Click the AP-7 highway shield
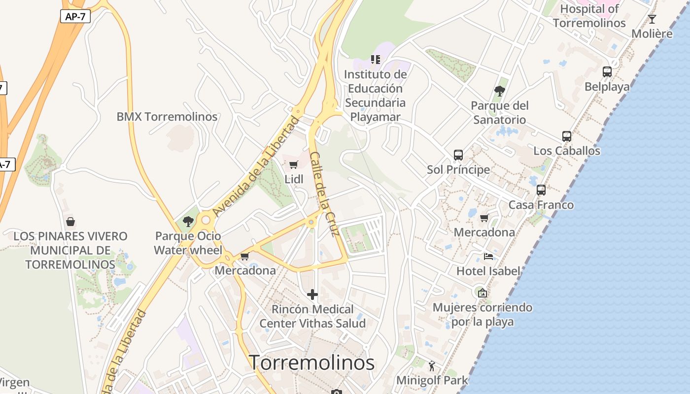[75, 16]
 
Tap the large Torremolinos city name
[311, 362]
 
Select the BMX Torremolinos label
[167, 117]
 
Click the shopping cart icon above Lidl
[294, 164]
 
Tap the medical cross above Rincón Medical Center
[312, 295]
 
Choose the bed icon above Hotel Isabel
[488, 256]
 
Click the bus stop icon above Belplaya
[607, 72]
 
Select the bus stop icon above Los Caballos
[567, 136]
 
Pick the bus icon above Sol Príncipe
[458, 155]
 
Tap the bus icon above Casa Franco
[541, 190]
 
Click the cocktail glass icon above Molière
[652, 19]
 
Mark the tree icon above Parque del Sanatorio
[500, 91]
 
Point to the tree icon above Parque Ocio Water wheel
[188, 222]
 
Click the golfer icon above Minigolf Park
[432, 366]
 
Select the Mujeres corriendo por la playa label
[483, 314]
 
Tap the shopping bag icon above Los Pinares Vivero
[70, 222]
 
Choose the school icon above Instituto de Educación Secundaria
[376, 60]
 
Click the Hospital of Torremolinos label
[589, 16]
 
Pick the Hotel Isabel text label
[488, 271]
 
